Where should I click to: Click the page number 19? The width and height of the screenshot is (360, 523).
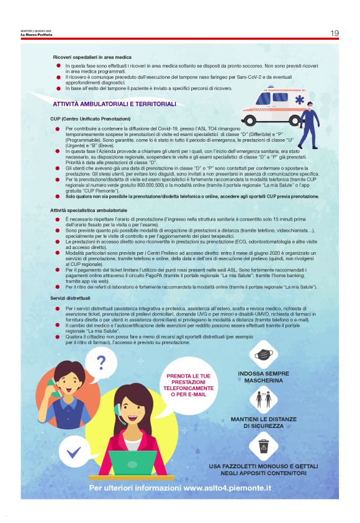(334, 33)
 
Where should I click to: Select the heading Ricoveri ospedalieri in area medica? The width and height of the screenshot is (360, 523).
(92, 57)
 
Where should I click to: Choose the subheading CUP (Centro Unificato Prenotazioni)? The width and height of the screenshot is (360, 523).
(91, 118)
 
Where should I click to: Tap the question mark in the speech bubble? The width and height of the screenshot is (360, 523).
(101, 362)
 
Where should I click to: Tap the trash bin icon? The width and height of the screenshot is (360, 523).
(263, 446)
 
